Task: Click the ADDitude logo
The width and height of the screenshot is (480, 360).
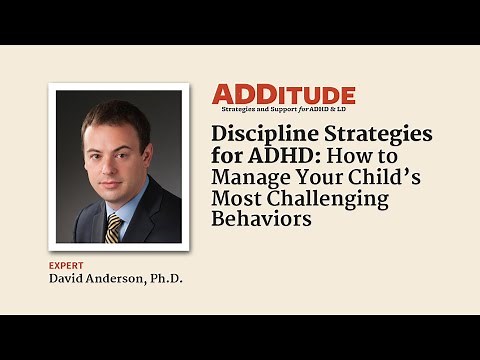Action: pyautogui.click(x=283, y=95)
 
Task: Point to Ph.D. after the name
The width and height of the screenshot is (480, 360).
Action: pyautogui.click(x=166, y=278)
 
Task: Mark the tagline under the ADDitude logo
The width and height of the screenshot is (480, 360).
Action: pyautogui.click(x=283, y=108)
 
